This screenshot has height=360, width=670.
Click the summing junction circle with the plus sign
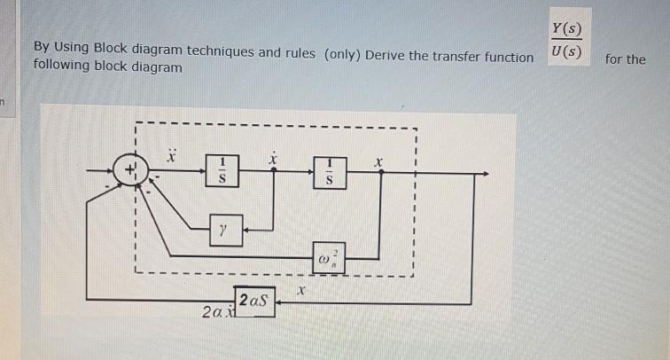[130, 168]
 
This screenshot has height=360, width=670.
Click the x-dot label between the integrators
[275, 156]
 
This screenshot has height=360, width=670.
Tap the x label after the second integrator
[378, 162]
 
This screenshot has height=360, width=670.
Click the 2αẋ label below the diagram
[215, 313]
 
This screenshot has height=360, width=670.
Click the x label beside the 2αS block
[302, 290]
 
